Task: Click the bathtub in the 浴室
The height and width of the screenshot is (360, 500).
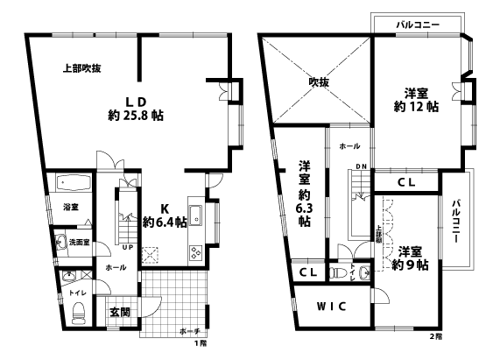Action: point(73,185)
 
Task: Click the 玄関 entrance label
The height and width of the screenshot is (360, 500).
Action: point(120,311)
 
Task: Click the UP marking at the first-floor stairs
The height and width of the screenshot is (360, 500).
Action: point(128,247)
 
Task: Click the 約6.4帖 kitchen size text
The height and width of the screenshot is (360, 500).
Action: point(164,222)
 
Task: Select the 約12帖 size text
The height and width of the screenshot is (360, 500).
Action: point(417,108)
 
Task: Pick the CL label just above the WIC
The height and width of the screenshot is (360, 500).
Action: point(307,273)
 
